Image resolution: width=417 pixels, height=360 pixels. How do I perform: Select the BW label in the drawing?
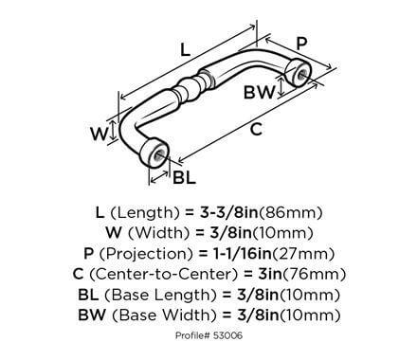point(258,93)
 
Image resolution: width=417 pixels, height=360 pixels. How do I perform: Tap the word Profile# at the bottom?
point(192,338)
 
